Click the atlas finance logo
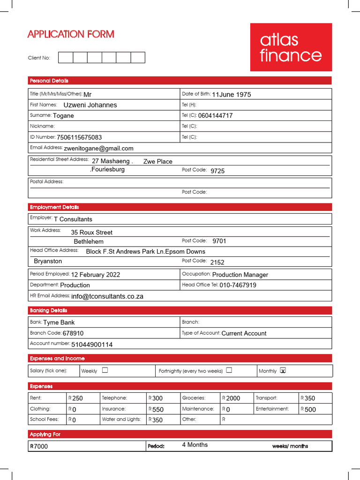click(291, 47)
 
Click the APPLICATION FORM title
click(71, 34)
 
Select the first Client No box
click(66, 58)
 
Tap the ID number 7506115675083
click(79, 137)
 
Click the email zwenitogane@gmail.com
click(99, 148)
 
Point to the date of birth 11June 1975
click(232, 95)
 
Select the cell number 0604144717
click(215, 115)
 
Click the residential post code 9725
click(217, 171)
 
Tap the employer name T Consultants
click(73, 219)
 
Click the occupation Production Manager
click(240, 275)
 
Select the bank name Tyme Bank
click(59, 322)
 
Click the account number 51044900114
click(92, 345)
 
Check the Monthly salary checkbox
click(283, 370)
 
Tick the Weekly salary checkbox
click(105, 370)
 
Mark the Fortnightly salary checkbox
click(229, 370)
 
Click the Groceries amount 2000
click(233, 398)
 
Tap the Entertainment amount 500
click(310, 409)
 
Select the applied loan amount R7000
click(39, 446)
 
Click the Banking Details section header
click(49, 310)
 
